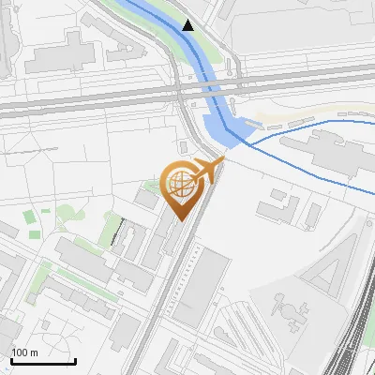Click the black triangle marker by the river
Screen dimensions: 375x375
click(x=189, y=25)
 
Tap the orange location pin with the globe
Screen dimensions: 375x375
click(x=180, y=188)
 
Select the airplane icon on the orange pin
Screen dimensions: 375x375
click(x=209, y=171)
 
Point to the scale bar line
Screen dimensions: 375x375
click(x=42, y=361)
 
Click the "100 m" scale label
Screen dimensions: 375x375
click(x=24, y=352)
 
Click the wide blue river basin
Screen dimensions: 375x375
click(x=221, y=127)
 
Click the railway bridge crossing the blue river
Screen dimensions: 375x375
click(x=212, y=90)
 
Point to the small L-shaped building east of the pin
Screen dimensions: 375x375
click(x=277, y=204)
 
